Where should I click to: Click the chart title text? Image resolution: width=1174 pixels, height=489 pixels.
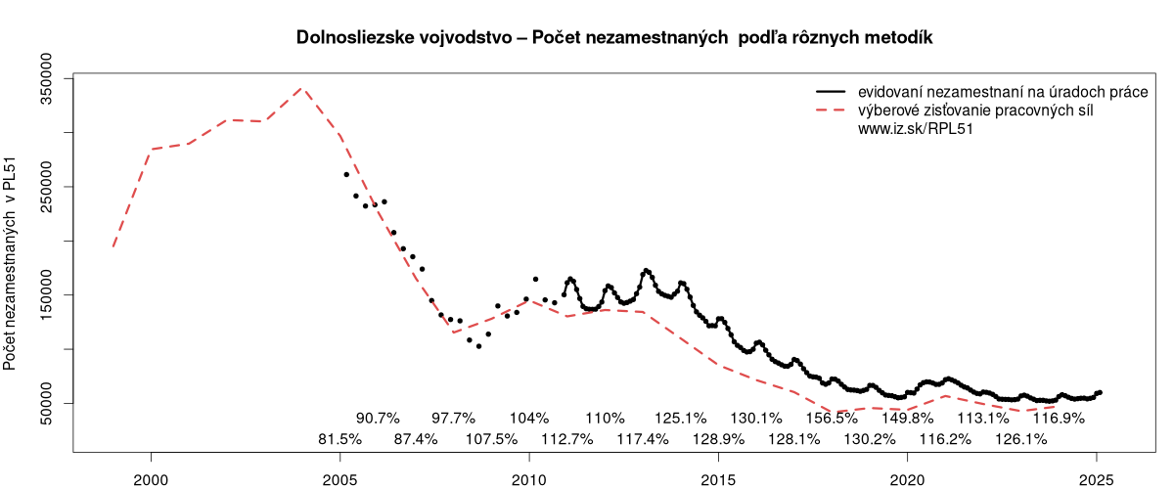[x=615, y=38]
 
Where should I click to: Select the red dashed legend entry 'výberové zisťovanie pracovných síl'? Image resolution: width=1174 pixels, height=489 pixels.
[x=974, y=110]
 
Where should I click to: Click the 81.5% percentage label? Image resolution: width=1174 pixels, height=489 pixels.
[x=339, y=439]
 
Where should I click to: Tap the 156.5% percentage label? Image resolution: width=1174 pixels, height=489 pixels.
[x=832, y=418]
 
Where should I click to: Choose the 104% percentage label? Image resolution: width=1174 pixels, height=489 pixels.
[x=529, y=418]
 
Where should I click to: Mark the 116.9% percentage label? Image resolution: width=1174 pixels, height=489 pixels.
[x=1059, y=418]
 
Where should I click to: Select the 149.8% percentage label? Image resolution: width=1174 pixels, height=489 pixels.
[x=907, y=418]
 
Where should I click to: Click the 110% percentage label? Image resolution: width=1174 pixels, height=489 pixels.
[x=605, y=418]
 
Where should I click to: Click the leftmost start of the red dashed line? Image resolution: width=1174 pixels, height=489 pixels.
[x=113, y=247]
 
